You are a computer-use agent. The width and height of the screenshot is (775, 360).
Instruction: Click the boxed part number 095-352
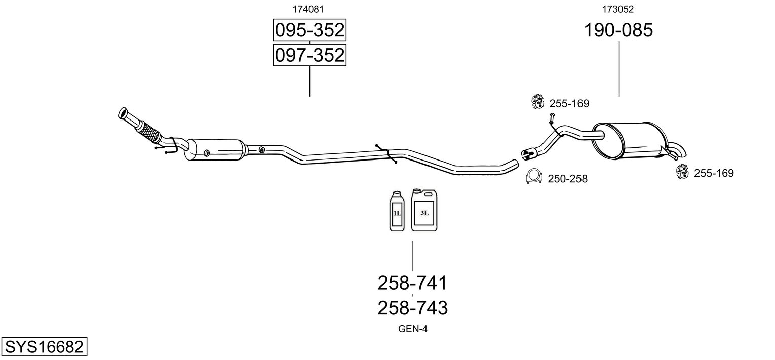click(309, 31)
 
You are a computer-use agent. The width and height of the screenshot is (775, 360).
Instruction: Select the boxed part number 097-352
click(309, 55)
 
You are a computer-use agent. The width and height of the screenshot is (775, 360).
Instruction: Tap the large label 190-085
click(618, 30)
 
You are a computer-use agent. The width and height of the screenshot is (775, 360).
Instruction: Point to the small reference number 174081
click(308, 9)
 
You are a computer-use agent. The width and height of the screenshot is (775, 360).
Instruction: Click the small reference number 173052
click(618, 9)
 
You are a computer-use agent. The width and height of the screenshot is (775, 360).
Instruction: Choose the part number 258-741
click(412, 283)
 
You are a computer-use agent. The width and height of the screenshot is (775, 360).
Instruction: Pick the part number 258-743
click(412, 307)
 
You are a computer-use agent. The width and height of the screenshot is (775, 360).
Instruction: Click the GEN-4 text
click(413, 329)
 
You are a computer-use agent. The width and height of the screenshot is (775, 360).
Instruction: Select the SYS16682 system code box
click(44, 347)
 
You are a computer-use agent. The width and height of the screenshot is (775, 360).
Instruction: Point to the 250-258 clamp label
click(567, 179)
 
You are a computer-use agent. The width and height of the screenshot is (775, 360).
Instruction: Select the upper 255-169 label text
click(569, 104)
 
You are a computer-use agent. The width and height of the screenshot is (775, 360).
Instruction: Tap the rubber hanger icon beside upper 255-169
click(537, 102)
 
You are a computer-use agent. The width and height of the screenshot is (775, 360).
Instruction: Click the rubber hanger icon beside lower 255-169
click(682, 172)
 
